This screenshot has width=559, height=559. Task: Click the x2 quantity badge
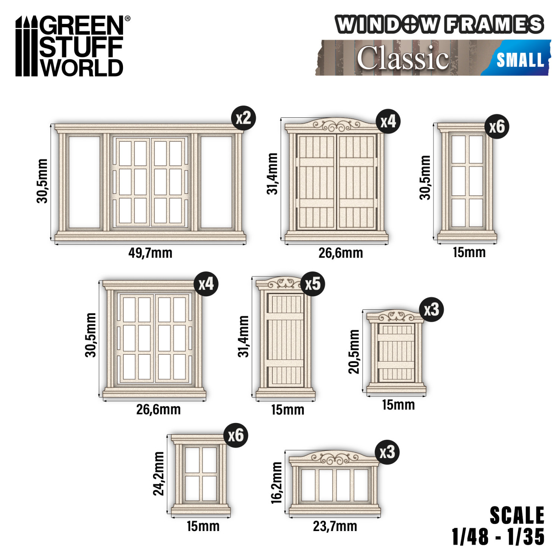[243, 119]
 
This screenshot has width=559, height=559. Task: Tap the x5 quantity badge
[312, 284]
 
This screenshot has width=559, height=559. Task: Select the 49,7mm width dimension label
[150, 253]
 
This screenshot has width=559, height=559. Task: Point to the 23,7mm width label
[335, 526]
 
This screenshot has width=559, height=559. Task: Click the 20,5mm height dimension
[354, 351]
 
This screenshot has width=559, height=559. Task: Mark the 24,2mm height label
[159, 473]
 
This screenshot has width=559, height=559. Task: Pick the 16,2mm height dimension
[277, 483]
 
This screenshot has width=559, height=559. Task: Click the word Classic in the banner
[402, 58]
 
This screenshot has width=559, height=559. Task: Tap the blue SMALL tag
[520, 60]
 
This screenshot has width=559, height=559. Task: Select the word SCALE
[517, 516]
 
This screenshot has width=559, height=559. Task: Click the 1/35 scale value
[526, 537]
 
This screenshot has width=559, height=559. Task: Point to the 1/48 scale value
[470, 537]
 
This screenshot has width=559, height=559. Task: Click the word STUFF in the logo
[81, 47]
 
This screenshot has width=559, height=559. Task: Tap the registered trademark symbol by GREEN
[127, 18]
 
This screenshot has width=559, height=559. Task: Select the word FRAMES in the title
[494, 25]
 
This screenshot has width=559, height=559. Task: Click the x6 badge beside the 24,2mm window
[236, 435]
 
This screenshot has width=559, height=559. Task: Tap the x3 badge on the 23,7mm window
[387, 452]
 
